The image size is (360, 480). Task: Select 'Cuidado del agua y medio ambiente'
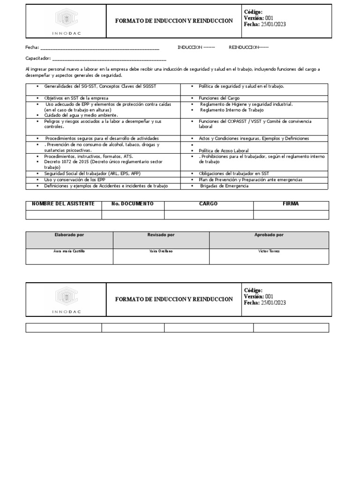(81, 115)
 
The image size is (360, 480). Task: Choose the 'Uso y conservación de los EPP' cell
(76, 180)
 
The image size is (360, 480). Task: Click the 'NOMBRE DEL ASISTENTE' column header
(63, 204)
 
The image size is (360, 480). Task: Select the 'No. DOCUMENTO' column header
(133, 204)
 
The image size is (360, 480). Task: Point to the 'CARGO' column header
(209, 204)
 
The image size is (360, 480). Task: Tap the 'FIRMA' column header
(291, 204)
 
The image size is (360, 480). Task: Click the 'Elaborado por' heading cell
(69, 235)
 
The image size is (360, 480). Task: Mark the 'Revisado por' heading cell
(161, 235)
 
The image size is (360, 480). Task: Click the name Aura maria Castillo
(69, 251)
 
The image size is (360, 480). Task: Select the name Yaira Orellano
(161, 251)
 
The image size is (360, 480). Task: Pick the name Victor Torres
(269, 251)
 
